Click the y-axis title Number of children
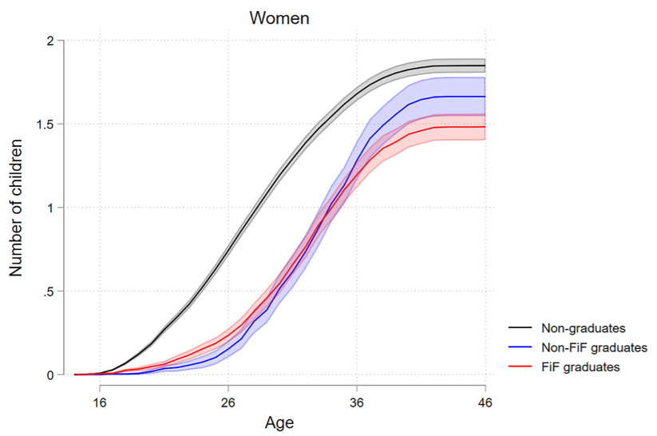pos(17,208)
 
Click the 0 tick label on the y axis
pos(50,375)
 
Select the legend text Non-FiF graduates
pos(588,347)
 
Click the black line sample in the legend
pos(521,327)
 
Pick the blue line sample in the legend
pos(521,347)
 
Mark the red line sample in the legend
pos(521,367)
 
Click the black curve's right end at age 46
pos(485,65)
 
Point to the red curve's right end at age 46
pos(485,127)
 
